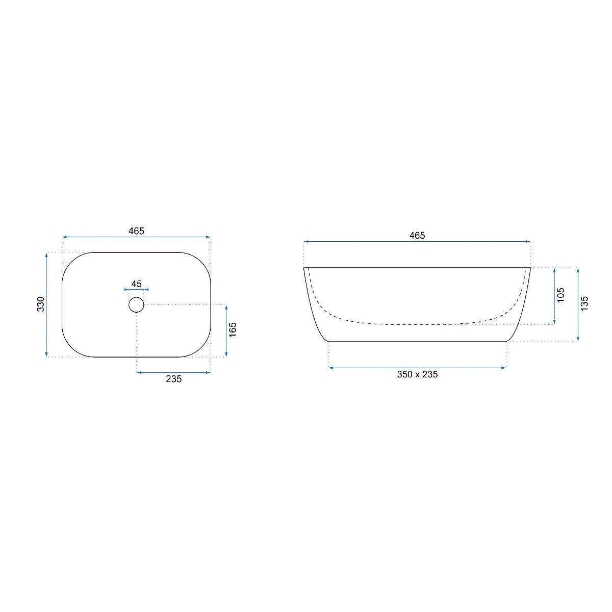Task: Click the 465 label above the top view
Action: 136,231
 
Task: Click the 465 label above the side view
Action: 417,235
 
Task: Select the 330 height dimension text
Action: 41,304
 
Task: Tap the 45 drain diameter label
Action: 136,284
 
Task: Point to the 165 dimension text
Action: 233,329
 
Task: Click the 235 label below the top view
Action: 174,379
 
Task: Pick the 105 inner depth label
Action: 561,295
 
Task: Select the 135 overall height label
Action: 584,303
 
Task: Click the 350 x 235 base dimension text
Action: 417,374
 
